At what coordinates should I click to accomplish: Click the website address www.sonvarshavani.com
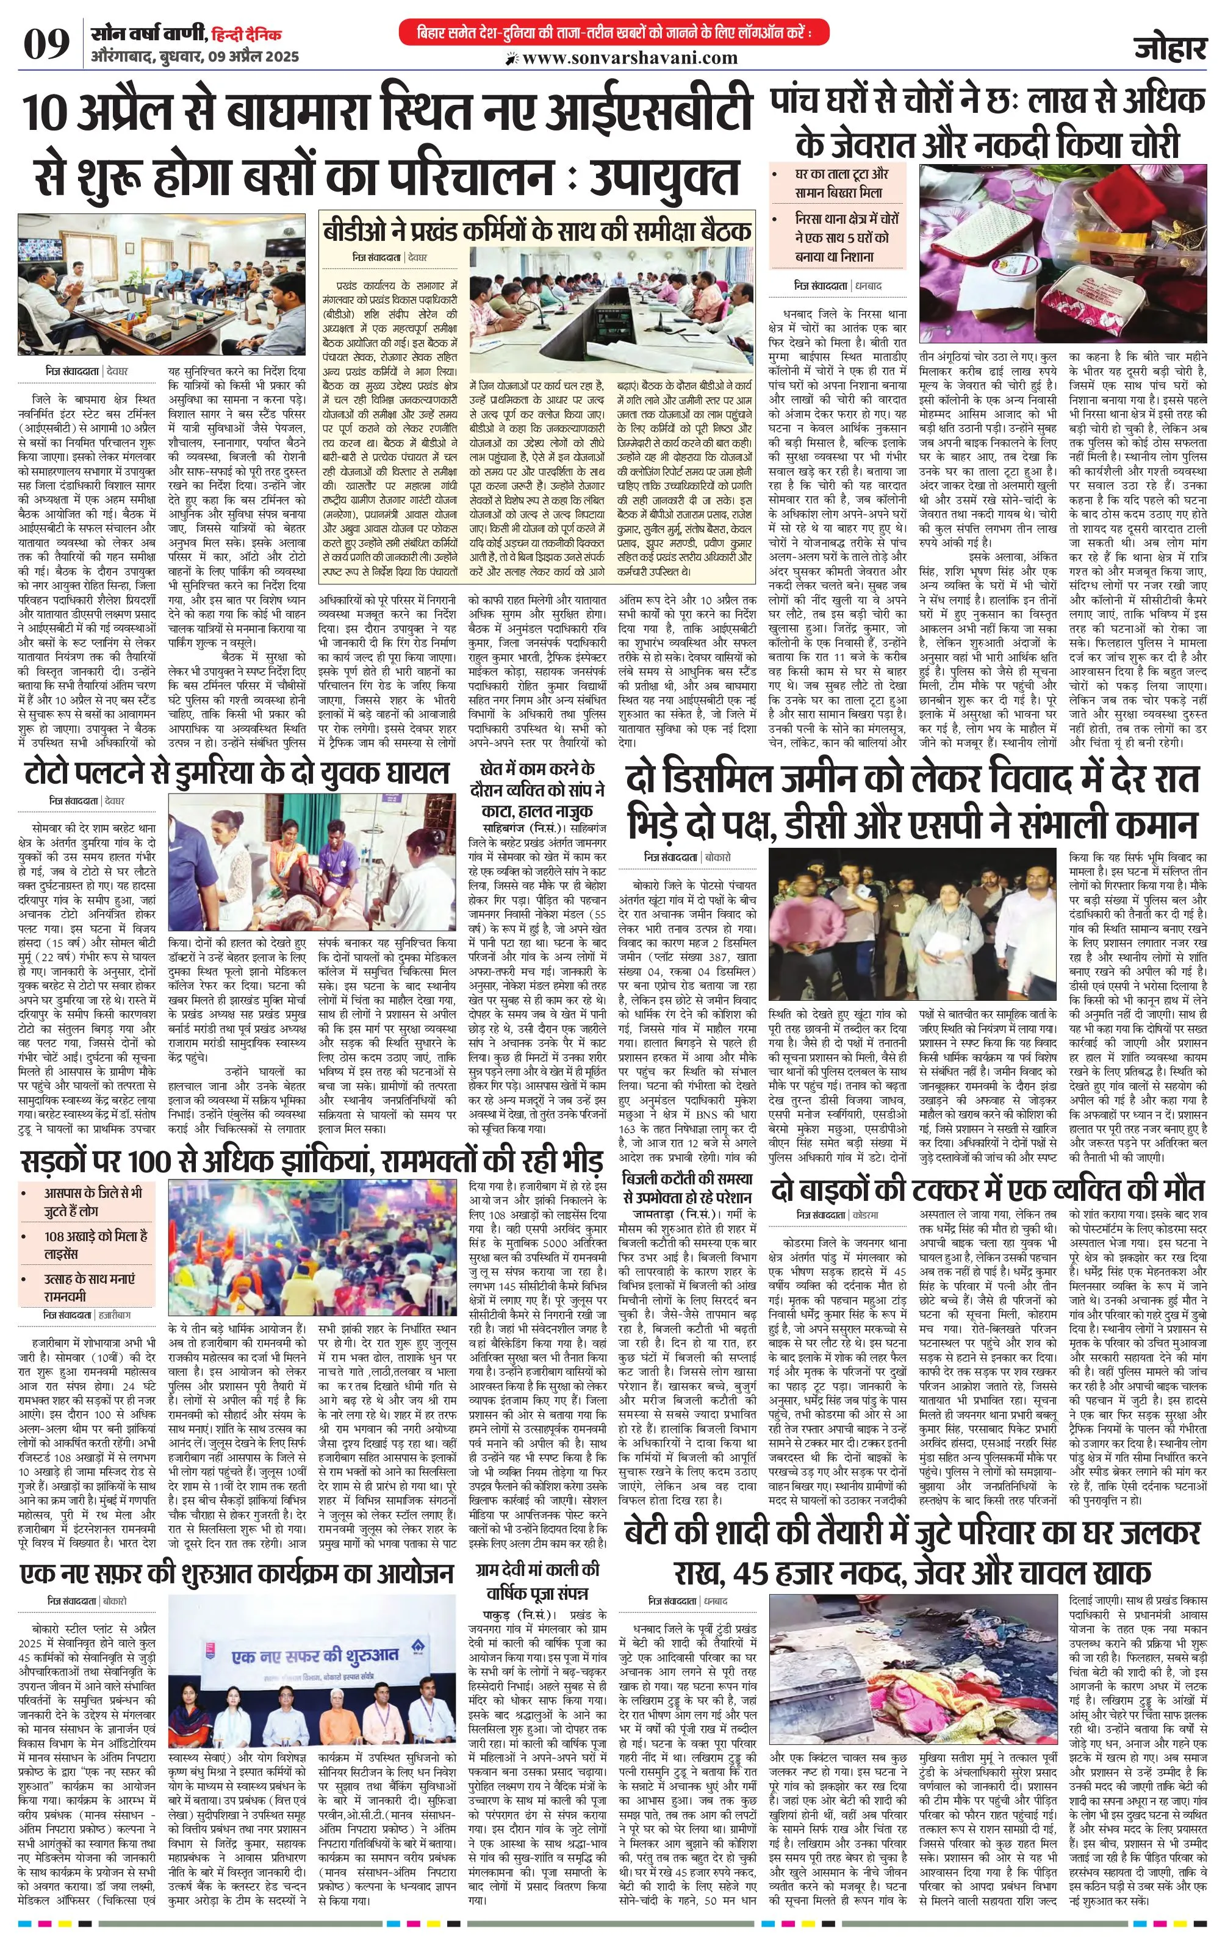[630, 58]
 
